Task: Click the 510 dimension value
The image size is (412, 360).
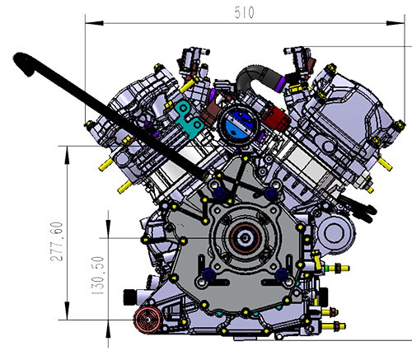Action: (x=244, y=12)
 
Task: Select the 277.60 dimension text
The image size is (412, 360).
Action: (x=57, y=241)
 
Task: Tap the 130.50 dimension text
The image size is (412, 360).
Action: (x=98, y=276)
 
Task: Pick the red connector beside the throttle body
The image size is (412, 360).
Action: (x=275, y=119)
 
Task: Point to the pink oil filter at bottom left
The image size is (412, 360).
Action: (x=147, y=320)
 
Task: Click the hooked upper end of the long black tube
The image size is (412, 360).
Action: (x=23, y=62)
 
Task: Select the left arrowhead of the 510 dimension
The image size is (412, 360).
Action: (x=94, y=23)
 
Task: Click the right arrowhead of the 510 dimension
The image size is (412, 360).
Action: (x=396, y=23)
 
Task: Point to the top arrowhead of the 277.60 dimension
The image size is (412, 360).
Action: (x=68, y=155)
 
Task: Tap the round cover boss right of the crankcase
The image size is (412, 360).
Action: (x=333, y=232)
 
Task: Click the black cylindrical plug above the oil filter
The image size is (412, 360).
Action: (x=131, y=297)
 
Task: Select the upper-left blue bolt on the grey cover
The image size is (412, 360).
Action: (x=219, y=194)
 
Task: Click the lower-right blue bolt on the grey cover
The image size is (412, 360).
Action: (x=282, y=274)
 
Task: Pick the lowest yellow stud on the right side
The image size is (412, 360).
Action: (x=334, y=326)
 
